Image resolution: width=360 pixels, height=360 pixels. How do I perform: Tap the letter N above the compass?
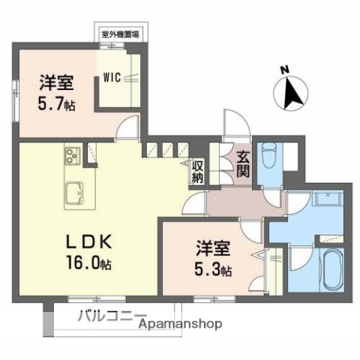tap(285, 70)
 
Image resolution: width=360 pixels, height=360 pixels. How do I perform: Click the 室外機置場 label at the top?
tap(124, 34)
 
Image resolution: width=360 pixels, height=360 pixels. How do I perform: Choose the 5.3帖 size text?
tap(214, 268)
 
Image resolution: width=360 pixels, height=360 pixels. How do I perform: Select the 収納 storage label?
tap(198, 171)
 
